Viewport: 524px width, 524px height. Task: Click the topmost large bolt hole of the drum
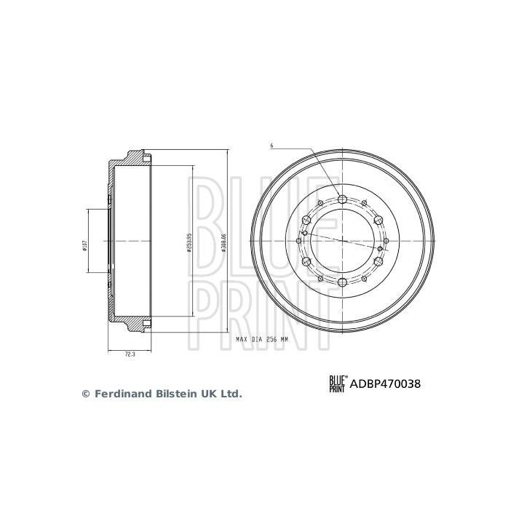tap(343, 200)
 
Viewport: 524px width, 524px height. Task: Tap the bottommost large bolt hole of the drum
tap(343, 282)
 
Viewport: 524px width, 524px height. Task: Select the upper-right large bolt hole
tap(378, 221)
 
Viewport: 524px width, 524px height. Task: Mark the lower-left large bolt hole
tap(307, 261)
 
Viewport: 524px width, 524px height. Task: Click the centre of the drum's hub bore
tap(343, 241)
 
